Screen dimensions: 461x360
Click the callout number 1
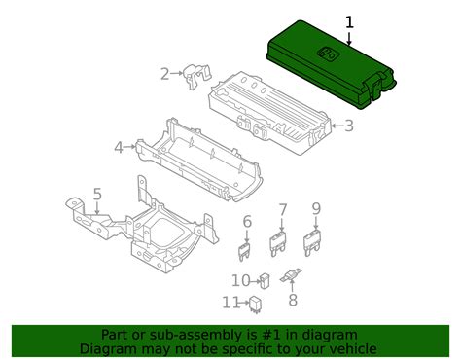pyautogui.click(x=349, y=23)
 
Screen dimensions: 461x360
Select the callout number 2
pyautogui.click(x=165, y=74)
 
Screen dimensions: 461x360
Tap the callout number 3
pyautogui.click(x=349, y=126)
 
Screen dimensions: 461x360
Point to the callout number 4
pyautogui.click(x=119, y=148)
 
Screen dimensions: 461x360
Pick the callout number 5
pyautogui.click(x=97, y=195)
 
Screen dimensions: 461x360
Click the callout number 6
pyautogui.click(x=247, y=221)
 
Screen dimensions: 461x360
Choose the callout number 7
pyautogui.click(x=283, y=210)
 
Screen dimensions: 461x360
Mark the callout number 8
pyautogui.click(x=293, y=300)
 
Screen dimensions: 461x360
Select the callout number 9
pyautogui.click(x=316, y=208)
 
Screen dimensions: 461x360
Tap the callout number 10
pyautogui.click(x=241, y=281)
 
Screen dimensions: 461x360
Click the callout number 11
pyautogui.click(x=230, y=303)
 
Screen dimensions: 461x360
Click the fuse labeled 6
pyautogui.click(x=245, y=252)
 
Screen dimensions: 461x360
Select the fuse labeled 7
pyautogui.click(x=278, y=243)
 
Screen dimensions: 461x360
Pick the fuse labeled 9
pyautogui.click(x=312, y=242)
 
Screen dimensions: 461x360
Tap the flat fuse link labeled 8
pyautogui.click(x=291, y=275)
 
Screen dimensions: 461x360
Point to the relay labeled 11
pyautogui.click(x=256, y=305)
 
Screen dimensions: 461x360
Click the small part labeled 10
pyautogui.click(x=265, y=280)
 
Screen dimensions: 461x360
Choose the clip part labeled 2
pyautogui.click(x=196, y=76)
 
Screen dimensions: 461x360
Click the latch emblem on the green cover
pyautogui.click(x=327, y=54)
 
